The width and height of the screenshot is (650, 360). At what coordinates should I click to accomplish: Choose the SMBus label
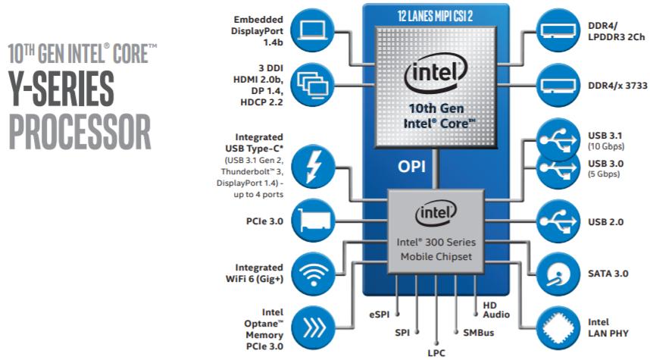point(479,333)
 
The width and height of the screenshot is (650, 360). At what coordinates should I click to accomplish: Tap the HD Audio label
point(496,310)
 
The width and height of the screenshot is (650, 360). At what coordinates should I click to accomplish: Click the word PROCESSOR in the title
point(80,132)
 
